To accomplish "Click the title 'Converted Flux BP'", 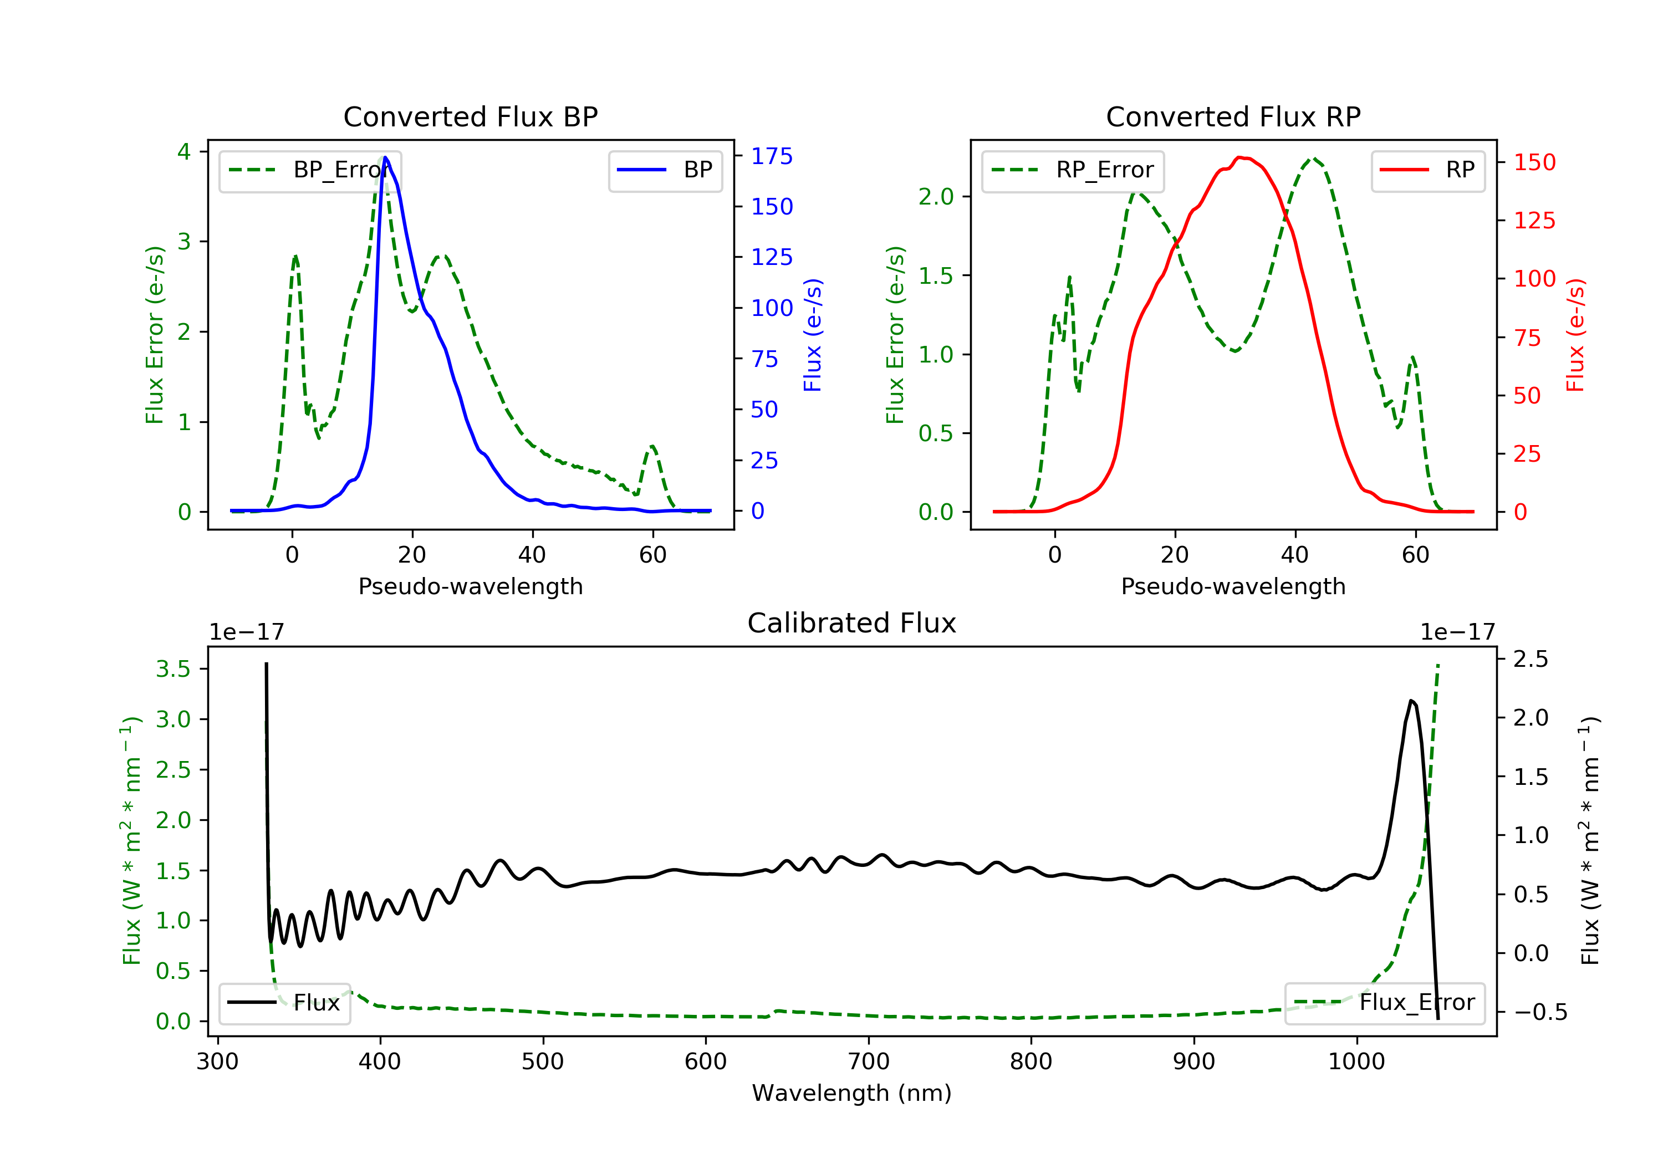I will tap(470, 116).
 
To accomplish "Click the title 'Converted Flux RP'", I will tap(1233, 116).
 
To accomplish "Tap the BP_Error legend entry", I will tap(310, 171).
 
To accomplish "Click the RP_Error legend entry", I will tap(1073, 171).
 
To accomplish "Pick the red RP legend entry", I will tap(1427, 171).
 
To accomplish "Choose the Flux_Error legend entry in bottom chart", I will tap(1384, 1003).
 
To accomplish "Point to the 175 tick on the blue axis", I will tap(772, 156).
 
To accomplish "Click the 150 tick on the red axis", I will tap(1534, 162).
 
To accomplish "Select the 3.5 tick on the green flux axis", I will tap(173, 668).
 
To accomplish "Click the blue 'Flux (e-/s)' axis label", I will tap(813, 335).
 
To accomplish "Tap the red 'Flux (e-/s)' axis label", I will tap(1575, 335).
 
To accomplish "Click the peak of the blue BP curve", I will tap(385, 157).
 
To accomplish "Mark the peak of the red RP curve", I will tap(1241, 157).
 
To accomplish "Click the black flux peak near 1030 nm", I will tap(1411, 701).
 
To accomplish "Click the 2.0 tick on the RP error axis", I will tap(935, 197).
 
